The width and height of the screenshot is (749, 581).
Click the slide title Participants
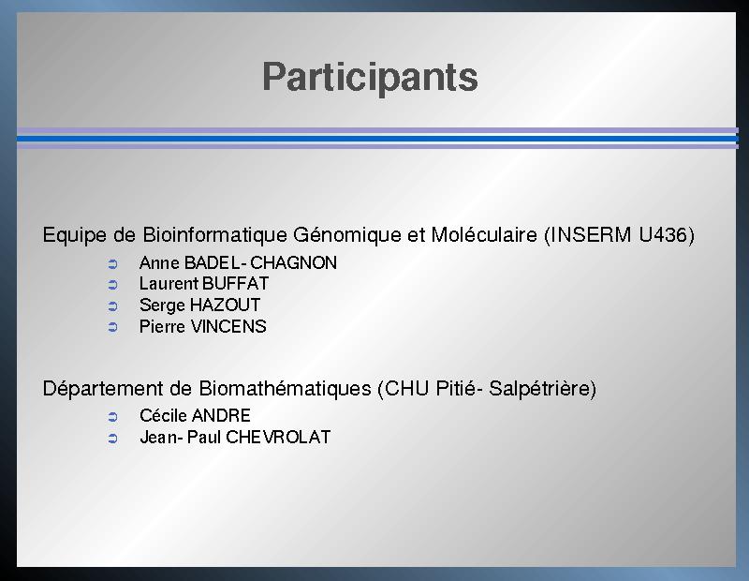pyautogui.click(x=370, y=78)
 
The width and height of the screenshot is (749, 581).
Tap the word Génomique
pyautogui.click(x=347, y=235)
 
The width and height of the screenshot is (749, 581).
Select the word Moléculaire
pyautogui.click(x=484, y=235)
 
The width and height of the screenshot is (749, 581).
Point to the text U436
pyautogui.click(x=663, y=235)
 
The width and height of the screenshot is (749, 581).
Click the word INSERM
pyautogui.click(x=592, y=235)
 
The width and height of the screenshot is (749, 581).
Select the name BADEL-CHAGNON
pyautogui.click(x=260, y=263)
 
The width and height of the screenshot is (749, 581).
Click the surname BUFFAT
pyautogui.click(x=236, y=284)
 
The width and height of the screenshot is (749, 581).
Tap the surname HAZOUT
pyautogui.click(x=225, y=305)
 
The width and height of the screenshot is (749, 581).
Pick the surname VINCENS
pyautogui.click(x=228, y=327)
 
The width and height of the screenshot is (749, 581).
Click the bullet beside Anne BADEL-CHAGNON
pyautogui.click(x=112, y=264)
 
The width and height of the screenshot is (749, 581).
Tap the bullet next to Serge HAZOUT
pyautogui.click(x=112, y=306)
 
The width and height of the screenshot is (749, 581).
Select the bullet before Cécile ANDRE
pyautogui.click(x=112, y=417)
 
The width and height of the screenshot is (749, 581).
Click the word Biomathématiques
pyautogui.click(x=285, y=388)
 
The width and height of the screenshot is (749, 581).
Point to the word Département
pyautogui.click(x=103, y=388)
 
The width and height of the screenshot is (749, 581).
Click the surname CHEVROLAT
pyautogui.click(x=278, y=437)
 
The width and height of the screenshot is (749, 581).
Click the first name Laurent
pyautogui.click(x=169, y=284)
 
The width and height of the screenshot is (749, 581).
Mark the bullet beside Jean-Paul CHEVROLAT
pyautogui.click(x=112, y=439)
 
